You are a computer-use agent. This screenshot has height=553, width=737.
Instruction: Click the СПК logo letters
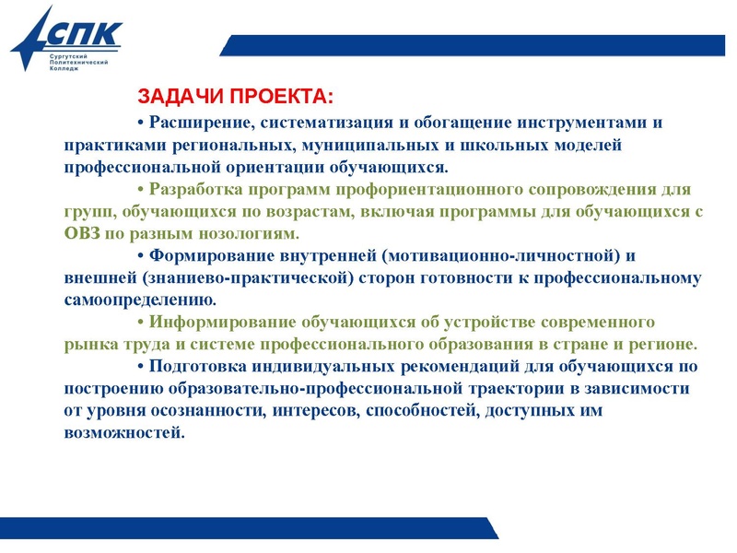click(x=83, y=35)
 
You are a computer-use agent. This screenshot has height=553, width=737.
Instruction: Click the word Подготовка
click(x=199, y=366)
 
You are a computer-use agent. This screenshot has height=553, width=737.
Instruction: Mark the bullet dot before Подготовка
click(x=141, y=366)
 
